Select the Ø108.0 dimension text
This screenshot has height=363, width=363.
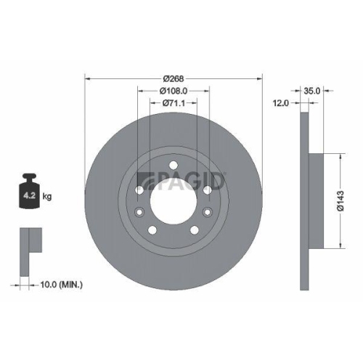(x=174, y=91)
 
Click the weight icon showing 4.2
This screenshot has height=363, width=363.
(x=30, y=192)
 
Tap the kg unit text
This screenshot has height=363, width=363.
(x=48, y=196)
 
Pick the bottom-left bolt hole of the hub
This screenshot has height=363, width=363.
(x=152, y=230)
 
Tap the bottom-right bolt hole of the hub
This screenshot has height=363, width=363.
(x=194, y=230)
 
